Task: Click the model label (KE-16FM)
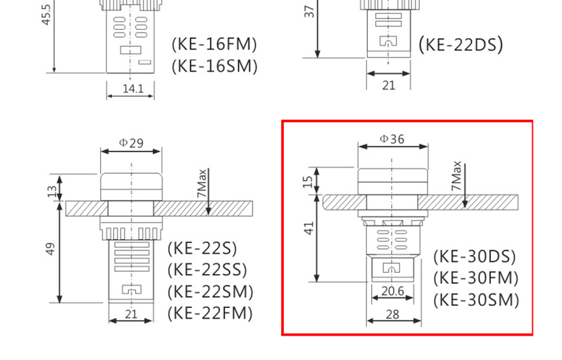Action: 215,45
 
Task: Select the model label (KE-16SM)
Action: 215,66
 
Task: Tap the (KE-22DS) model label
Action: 461,45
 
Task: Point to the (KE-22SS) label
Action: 207,270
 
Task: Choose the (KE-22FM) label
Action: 210,313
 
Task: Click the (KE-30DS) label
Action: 475,256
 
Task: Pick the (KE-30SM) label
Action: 476,300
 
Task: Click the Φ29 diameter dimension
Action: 131,143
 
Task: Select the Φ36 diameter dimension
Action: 392,139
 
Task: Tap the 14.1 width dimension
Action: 133,89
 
